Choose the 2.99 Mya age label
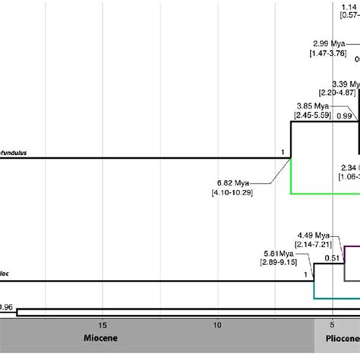click(x=330, y=43)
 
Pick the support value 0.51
click(x=333, y=258)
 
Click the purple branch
click(x=350, y=246)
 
